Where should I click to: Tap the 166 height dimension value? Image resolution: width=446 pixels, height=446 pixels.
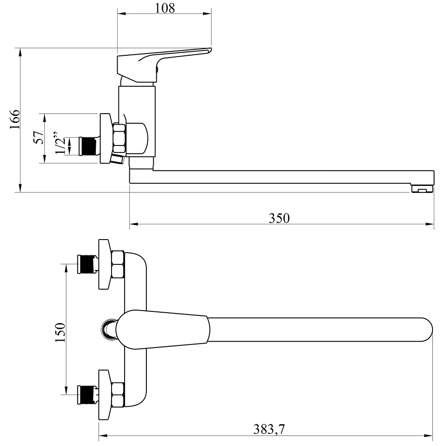pyautogui.click(x=15, y=119)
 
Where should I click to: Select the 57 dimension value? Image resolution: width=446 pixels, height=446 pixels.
pyautogui.click(x=39, y=137)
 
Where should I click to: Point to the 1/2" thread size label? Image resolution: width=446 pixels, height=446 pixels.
pyautogui.click(x=60, y=143)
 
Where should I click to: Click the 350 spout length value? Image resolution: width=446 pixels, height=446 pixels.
pyautogui.click(x=279, y=218)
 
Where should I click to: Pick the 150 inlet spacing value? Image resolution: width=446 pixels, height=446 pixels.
pyautogui.click(x=60, y=332)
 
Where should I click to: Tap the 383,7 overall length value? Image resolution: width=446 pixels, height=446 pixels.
pyautogui.click(x=269, y=429)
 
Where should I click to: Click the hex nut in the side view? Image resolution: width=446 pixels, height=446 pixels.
pyautogui.click(x=119, y=138)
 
